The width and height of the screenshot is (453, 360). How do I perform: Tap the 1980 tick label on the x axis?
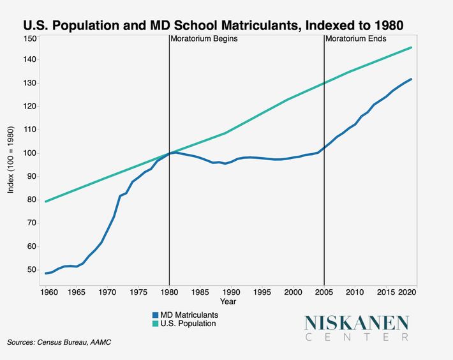click(169, 292)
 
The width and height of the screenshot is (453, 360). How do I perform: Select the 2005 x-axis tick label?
click(324, 292)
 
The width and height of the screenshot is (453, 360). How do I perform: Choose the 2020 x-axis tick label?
click(407, 292)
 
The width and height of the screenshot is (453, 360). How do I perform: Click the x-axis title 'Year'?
click(228, 301)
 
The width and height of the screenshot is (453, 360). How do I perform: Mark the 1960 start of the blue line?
click(45, 273)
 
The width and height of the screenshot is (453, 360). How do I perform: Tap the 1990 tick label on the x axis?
click(231, 292)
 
